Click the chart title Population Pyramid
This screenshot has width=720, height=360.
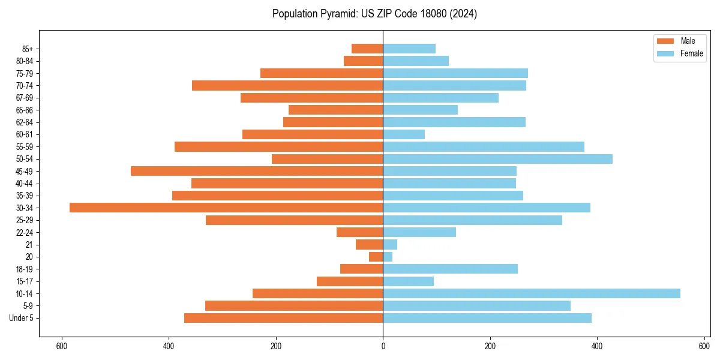click(x=374, y=14)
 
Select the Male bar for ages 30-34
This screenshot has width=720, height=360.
click(x=226, y=208)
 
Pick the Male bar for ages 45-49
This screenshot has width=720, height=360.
click(x=257, y=171)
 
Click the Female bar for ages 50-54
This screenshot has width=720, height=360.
click(x=497, y=159)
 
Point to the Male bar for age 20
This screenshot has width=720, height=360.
click(x=376, y=257)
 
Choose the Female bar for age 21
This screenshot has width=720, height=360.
click(x=390, y=245)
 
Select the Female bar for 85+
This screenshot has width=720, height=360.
click(x=409, y=49)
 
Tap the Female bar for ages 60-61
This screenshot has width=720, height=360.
click(x=404, y=134)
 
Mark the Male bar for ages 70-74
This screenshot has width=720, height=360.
click(x=287, y=85)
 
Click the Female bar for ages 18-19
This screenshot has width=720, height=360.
click(x=450, y=269)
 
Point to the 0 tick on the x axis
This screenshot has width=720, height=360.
click(x=383, y=346)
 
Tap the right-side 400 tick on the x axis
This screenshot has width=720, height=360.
click(x=597, y=346)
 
